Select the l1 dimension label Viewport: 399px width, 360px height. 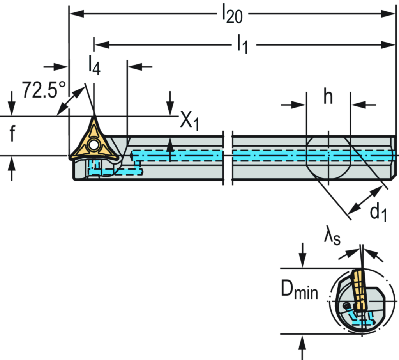click(x=243, y=45)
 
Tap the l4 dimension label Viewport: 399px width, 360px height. click(x=94, y=66)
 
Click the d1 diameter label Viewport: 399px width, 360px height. click(x=378, y=213)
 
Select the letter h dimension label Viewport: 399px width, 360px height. click(x=328, y=98)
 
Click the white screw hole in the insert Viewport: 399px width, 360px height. click(x=93, y=145)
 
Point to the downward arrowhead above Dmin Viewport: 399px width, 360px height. click(x=302, y=262)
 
